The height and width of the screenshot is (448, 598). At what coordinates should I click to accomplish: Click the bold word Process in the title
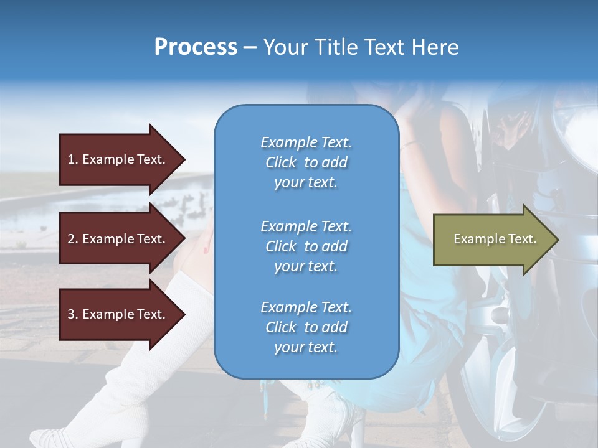click(x=196, y=47)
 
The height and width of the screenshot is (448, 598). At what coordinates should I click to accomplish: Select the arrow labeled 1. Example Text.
click(x=118, y=159)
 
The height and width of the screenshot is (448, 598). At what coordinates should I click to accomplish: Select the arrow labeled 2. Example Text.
click(x=118, y=239)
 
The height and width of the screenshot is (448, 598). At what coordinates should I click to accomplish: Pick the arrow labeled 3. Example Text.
click(x=118, y=314)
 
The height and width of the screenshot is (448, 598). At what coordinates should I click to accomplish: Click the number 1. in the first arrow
click(x=72, y=159)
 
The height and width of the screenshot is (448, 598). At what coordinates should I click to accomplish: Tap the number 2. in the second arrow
click(x=72, y=239)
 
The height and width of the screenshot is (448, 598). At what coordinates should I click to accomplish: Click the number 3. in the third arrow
click(x=72, y=314)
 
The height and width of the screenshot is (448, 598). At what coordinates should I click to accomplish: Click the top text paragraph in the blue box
click(x=306, y=162)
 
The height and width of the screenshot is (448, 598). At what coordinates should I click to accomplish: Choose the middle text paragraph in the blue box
click(x=306, y=246)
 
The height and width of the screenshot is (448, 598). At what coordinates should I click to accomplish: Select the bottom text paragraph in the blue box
click(x=306, y=327)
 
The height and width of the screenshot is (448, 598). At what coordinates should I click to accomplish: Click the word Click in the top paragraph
click(x=281, y=162)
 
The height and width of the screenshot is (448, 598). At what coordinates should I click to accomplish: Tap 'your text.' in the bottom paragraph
click(x=306, y=347)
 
